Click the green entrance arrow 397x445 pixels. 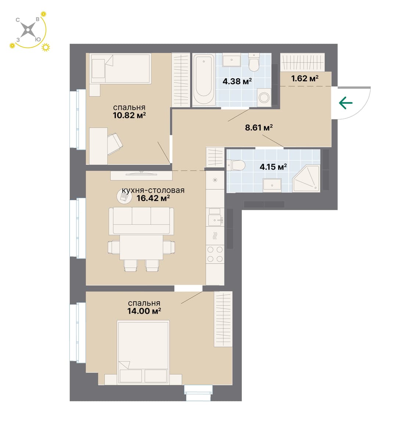346,103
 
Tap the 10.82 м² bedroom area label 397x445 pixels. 129,115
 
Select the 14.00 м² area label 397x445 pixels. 144,311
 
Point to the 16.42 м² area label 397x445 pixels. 153,198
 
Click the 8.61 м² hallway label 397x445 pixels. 259,128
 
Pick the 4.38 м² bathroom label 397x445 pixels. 237,82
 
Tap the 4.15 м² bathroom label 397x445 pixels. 273,167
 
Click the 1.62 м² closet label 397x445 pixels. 305,78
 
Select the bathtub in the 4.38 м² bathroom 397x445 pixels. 204,79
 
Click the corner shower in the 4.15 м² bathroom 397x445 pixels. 306,179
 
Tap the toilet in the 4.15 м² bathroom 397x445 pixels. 236,165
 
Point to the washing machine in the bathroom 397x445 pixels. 264,97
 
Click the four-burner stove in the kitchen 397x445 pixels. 215,254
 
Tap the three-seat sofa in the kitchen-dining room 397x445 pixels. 141,221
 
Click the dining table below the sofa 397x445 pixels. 142,247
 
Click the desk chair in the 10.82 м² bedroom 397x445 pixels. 115,144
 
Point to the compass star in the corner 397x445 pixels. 28,29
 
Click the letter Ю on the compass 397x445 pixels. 38,40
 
